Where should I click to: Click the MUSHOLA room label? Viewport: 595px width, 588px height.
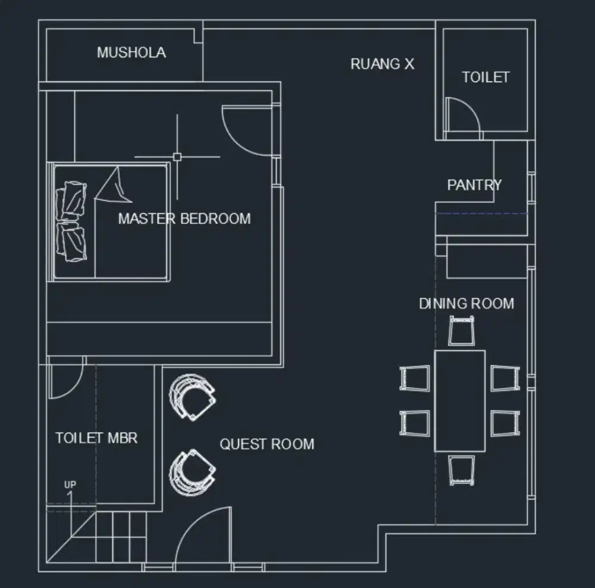click(131, 52)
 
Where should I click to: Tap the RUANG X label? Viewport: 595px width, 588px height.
click(382, 64)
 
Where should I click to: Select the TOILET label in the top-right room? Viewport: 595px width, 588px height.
click(486, 77)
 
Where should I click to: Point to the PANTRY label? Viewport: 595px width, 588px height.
click(474, 184)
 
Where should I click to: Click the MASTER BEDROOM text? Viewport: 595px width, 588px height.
click(184, 218)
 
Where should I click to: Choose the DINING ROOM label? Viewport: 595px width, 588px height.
click(466, 304)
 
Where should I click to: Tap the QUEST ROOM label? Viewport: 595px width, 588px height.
click(267, 444)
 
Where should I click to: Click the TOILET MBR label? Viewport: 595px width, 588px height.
click(96, 438)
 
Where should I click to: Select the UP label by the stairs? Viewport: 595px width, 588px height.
click(70, 485)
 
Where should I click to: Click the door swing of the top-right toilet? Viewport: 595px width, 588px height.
click(463, 116)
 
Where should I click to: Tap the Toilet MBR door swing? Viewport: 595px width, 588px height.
click(64, 381)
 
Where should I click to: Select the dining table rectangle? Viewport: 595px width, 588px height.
click(459, 401)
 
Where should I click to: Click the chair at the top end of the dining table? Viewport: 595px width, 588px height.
click(462, 331)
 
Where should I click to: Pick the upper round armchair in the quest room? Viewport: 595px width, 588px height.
click(192, 396)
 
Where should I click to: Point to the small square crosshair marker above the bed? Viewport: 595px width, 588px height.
click(177, 157)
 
